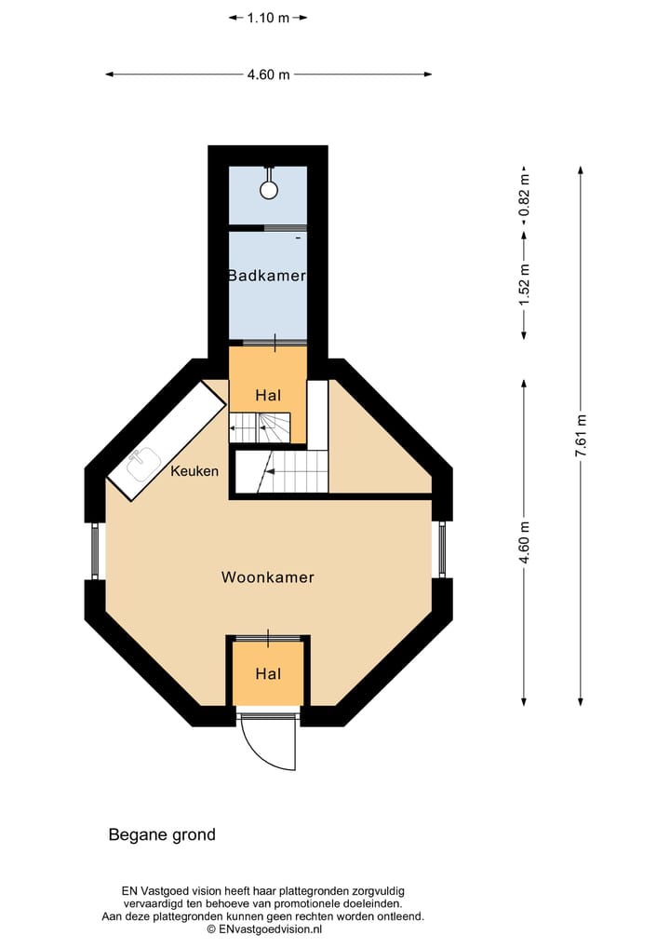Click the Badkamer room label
267,276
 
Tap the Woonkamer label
268,577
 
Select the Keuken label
194,471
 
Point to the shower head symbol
269,189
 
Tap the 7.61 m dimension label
581,434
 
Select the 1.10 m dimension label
268,18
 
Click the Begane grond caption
162,835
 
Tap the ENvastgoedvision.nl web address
270,928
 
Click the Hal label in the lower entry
268,673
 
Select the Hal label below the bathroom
268,396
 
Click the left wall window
95,551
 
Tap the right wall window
442,549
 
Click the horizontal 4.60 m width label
268,75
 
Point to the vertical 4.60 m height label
525,541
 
